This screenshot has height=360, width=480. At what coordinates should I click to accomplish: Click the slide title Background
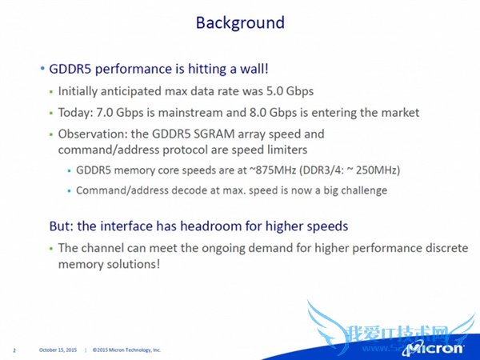point(239,22)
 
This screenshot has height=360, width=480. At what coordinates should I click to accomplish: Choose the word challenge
point(359,190)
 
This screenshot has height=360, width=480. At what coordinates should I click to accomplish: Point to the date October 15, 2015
point(58,350)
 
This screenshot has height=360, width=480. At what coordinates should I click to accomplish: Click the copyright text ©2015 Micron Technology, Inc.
point(126,350)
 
